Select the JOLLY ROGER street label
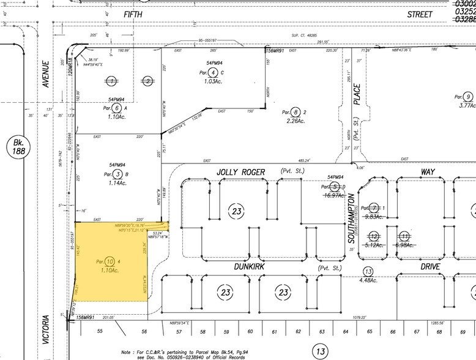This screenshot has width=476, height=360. (x=241, y=173)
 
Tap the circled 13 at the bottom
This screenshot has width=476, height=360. (x=319, y=351)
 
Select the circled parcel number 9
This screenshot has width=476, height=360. (x=468, y=97)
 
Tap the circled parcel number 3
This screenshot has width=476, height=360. (x=111, y=174)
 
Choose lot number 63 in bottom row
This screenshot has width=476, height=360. (x=321, y=331)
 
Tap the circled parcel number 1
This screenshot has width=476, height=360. (x=111, y=80)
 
